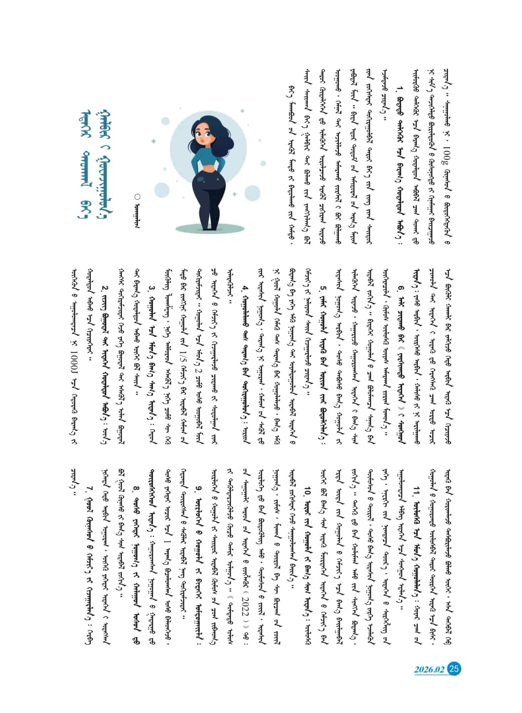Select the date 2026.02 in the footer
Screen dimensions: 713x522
click(x=429, y=669)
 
